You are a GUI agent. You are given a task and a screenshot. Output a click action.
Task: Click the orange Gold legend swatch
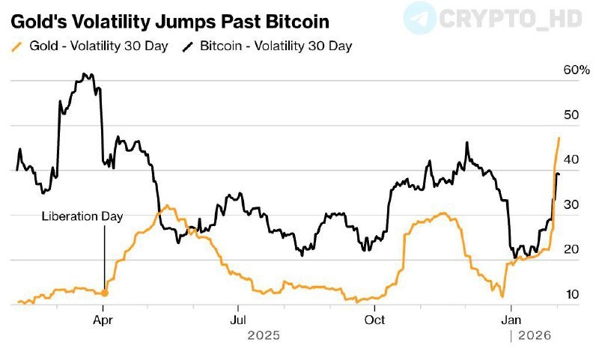point(16,46)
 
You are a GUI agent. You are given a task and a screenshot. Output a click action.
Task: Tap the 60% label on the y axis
point(575,70)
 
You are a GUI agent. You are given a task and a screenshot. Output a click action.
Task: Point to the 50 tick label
point(571,115)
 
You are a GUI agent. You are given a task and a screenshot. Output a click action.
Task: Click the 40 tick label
point(571,159)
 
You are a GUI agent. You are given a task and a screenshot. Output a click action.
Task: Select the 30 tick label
point(571,204)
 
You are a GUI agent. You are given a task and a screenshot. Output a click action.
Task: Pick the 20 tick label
point(571,249)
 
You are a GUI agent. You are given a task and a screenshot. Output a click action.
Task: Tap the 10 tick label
point(571,294)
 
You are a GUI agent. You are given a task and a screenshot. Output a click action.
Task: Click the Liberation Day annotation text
point(82,216)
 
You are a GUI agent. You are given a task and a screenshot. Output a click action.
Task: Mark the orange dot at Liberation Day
point(104,293)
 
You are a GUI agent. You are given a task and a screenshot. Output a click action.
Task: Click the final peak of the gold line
point(559,138)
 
